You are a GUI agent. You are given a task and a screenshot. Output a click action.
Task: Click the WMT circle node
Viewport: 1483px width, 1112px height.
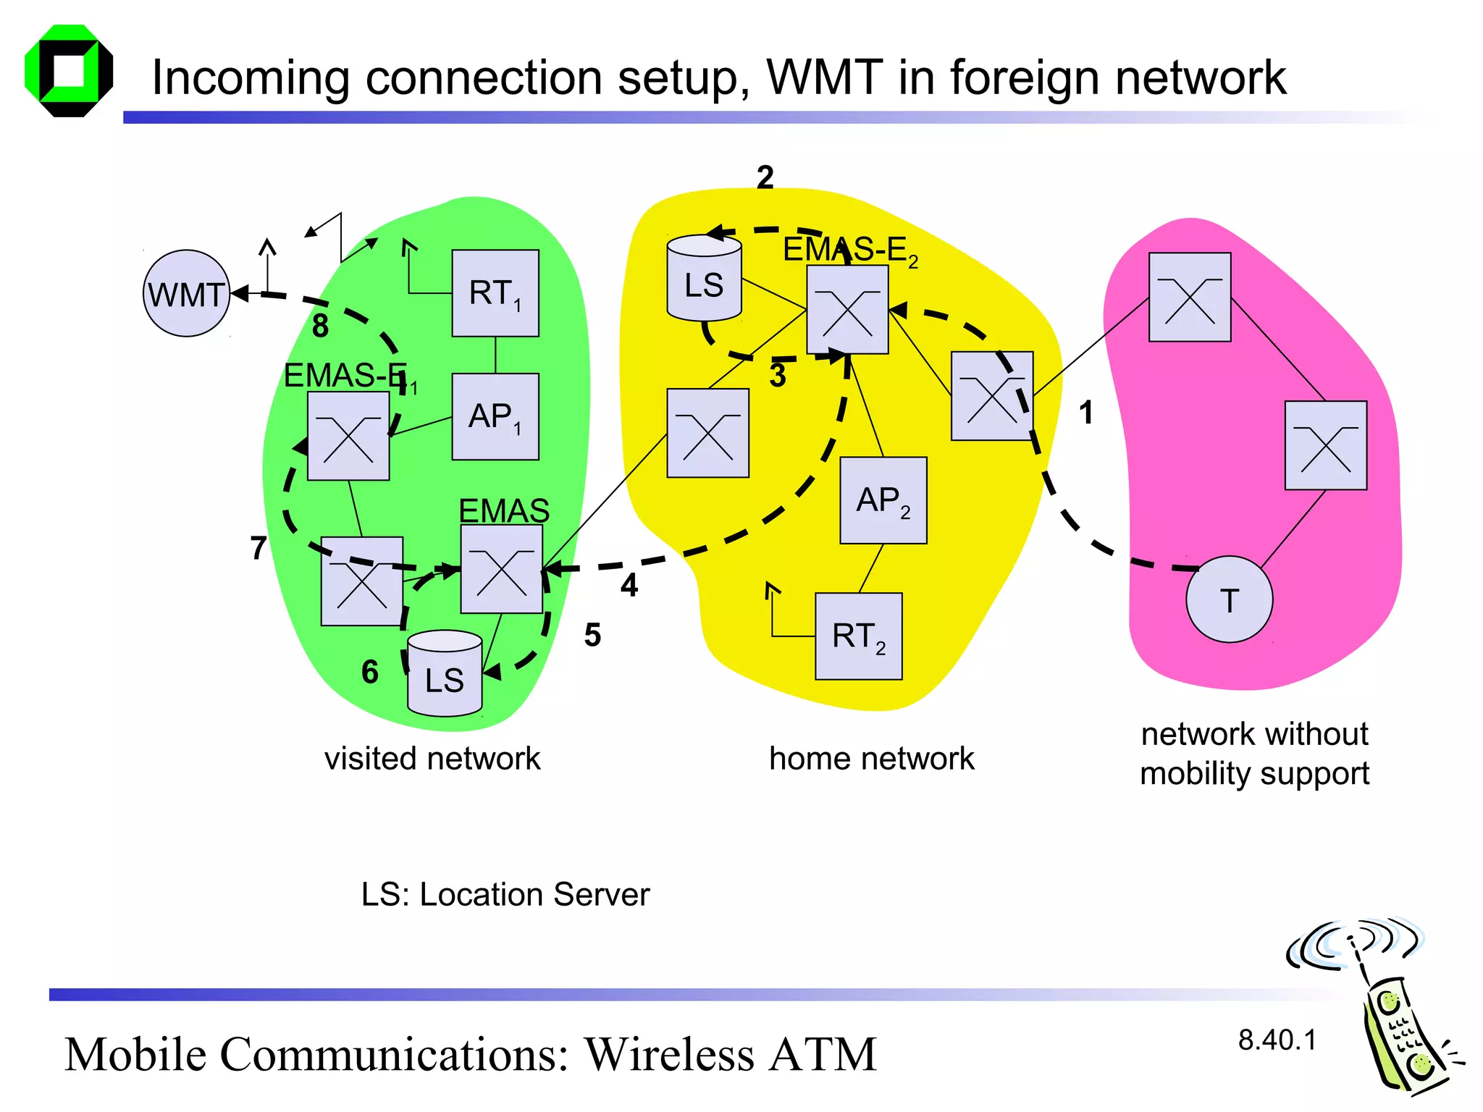coord(186,293)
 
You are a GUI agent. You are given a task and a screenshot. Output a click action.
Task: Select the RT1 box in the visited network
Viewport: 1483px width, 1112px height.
coord(495,293)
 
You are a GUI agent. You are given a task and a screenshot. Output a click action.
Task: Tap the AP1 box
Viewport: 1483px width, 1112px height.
coord(495,416)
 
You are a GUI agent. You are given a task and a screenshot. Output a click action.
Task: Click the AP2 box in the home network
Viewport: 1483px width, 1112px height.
coord(883,500)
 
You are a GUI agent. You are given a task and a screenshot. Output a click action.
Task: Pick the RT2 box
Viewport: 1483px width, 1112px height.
coord(858,636)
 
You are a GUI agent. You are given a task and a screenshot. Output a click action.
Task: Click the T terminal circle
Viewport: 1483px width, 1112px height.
coord(1229,599)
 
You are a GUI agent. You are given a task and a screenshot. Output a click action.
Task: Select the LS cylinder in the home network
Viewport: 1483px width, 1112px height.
coord(704,279)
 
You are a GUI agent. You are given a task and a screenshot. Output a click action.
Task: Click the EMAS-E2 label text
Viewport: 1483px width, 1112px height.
coord(850,250)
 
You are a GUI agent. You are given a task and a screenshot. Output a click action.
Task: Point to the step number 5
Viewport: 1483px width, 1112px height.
coord(592,635)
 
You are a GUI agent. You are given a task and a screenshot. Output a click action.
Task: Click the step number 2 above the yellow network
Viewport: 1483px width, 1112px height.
coord(765,177)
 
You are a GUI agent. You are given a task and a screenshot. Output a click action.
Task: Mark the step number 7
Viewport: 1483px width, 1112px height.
coord(259,548)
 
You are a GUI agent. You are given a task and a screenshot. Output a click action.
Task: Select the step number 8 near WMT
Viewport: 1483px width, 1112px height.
coord(320,326)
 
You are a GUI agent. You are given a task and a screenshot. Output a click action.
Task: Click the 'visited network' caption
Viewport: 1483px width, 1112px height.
coord(432,759)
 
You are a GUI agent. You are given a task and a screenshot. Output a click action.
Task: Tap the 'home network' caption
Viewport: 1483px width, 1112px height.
coord(871,759)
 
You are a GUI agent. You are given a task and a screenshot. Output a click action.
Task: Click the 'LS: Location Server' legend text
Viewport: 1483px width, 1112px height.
coord(505,895)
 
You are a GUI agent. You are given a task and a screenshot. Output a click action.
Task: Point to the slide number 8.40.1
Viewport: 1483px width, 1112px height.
coord(1277,1040)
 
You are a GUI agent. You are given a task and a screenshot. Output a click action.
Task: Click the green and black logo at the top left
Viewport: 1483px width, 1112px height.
coord(69,71)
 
